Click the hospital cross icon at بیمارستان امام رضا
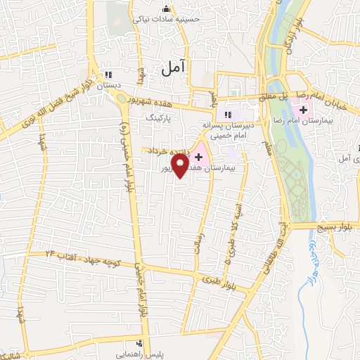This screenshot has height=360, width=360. coord(303,110)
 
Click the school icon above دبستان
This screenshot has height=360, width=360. coord(108,74)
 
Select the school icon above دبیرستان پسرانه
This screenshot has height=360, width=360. coord(227,115)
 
